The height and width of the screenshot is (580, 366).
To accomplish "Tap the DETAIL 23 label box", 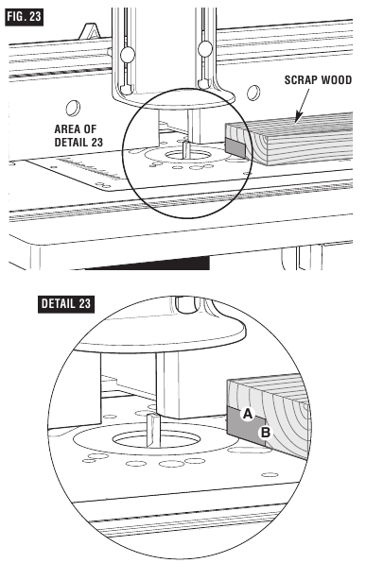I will pos(71,304).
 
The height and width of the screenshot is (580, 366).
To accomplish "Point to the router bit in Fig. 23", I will pos(185,149).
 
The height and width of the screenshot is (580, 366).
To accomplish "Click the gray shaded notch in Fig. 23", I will pos(235,147).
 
